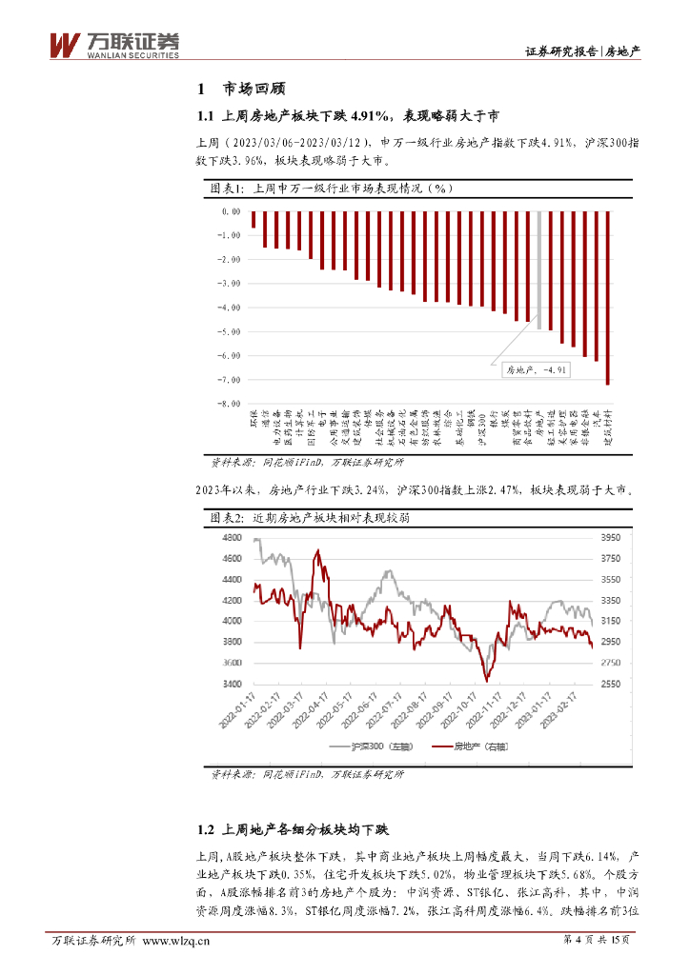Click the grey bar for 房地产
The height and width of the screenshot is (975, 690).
tap(538, 270)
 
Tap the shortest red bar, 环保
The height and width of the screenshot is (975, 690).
tap(254, 220)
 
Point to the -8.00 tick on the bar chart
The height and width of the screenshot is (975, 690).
tap(230, 404)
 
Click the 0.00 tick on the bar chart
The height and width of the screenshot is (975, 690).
tap(231, 211)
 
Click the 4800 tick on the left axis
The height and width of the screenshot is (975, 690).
tap(232, 538)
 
